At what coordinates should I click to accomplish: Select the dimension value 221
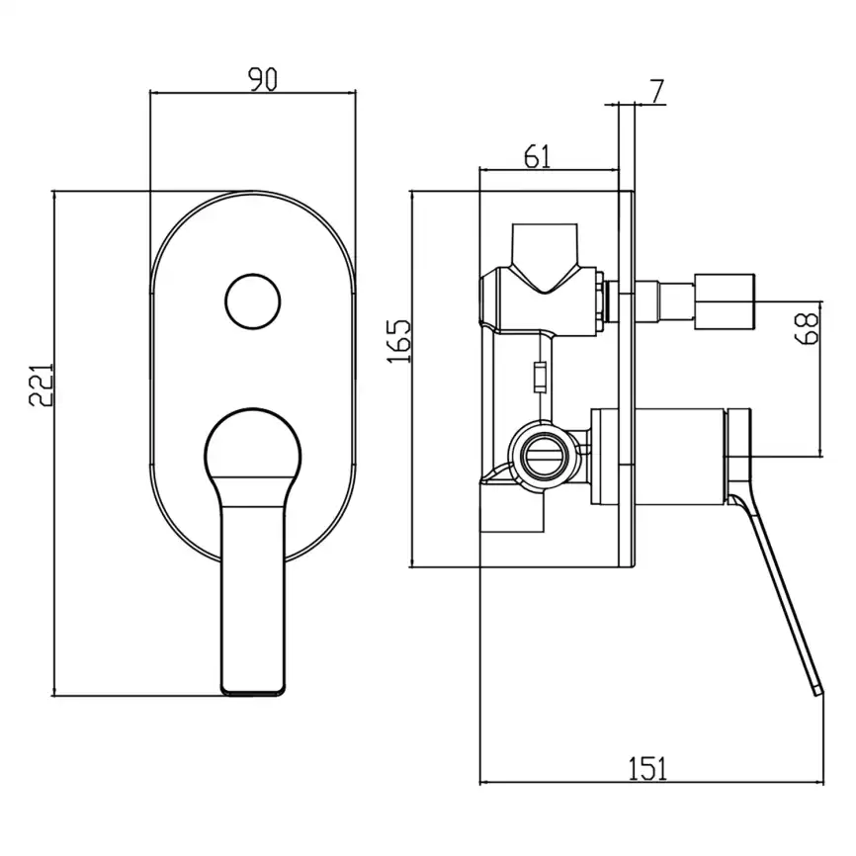[x=40, y=385]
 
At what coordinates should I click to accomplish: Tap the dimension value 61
[x=535, y=156]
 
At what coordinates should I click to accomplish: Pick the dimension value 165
[x=397, y=341]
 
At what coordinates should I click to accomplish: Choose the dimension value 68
[x=808, y=327]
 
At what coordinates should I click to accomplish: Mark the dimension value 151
[x=649, y=767]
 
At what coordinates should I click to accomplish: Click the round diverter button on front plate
[x=251, y=301]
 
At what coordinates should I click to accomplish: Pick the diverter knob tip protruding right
[x=725, y=300]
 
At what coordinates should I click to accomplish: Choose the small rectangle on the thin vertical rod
[x=539, y=377]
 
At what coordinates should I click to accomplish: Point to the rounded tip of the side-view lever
[x=816, y=688]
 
